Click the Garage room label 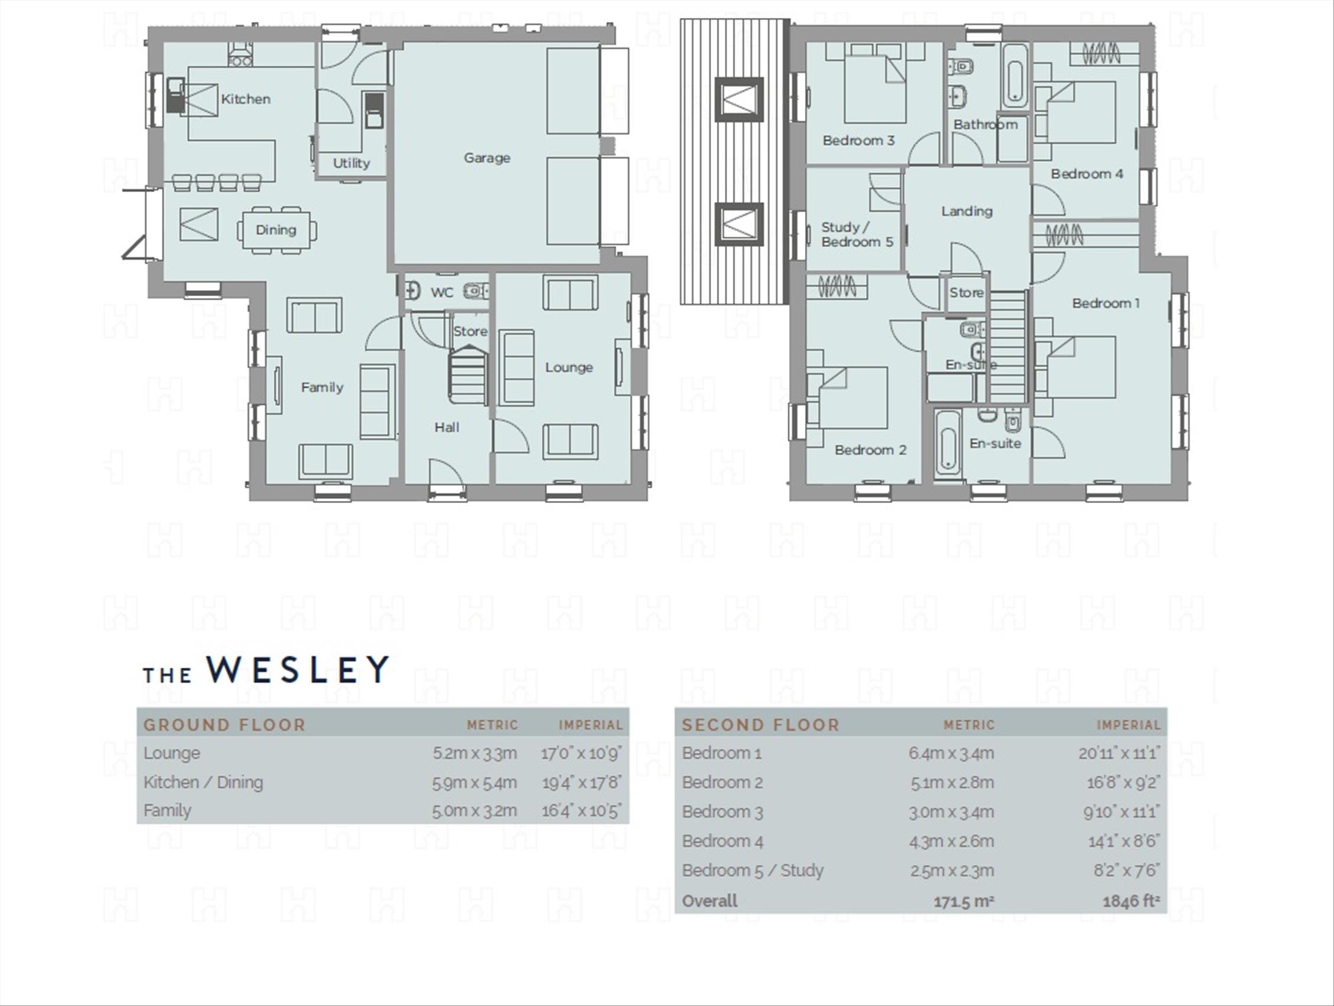click(487, 158)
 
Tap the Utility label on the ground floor click(352, 163)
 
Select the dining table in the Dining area click(276, 230)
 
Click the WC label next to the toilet click(442, 293)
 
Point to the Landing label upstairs click(967, 211)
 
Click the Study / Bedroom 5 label click(857, 235)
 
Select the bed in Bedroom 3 click(875, 87)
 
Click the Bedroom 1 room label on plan click(1105, 303)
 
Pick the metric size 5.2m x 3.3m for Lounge click(475, 753)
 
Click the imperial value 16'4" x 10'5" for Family click(581, 811)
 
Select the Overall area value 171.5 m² click(963, 902)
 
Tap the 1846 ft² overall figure click(1131, 901)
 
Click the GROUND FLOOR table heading click(224, 725)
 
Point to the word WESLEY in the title click(297, 669)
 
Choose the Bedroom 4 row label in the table click(723, 842)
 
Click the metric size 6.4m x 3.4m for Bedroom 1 click(951, 753)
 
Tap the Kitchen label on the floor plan click(245, 99)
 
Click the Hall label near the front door click(447, 428)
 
